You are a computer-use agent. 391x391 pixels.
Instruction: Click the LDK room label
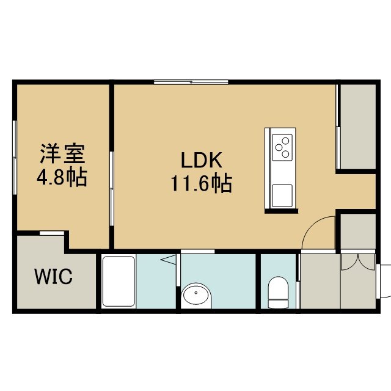(x=201, y=160)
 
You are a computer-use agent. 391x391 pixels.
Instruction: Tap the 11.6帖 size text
(x=201, y=183)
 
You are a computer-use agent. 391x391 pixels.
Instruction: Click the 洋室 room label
(x=62, y=153)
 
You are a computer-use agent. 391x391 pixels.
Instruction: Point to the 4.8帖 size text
(x=62, y=177)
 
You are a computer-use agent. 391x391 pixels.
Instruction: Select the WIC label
(x=54, y=277)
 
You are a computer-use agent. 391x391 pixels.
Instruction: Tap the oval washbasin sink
(x=196, y=295)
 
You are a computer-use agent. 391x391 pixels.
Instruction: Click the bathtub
(x=119, y=281)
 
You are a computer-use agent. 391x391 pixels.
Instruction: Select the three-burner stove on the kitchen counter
(x=282, y=147)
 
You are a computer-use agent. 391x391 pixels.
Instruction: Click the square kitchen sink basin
(x=282, y=195)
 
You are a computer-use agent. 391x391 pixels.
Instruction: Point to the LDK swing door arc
(x=314, y=225)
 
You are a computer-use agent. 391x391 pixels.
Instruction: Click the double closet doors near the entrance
(x=358, y=262)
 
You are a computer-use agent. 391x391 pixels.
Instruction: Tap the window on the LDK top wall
(x=191, y=82)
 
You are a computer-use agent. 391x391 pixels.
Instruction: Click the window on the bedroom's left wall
(x=15, y=158)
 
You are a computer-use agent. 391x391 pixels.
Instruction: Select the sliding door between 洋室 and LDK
(x=112, y=189)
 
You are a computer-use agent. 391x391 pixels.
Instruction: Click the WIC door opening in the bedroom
(x=52, y=233)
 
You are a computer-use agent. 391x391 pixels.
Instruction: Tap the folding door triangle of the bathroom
(x=169, y=259)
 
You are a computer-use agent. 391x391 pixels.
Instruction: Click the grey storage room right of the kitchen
(x=358, y=126)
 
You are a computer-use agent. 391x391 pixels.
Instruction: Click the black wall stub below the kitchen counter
(x=281, y=211)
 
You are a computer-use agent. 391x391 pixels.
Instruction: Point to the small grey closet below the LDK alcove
(x=358, y=231)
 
